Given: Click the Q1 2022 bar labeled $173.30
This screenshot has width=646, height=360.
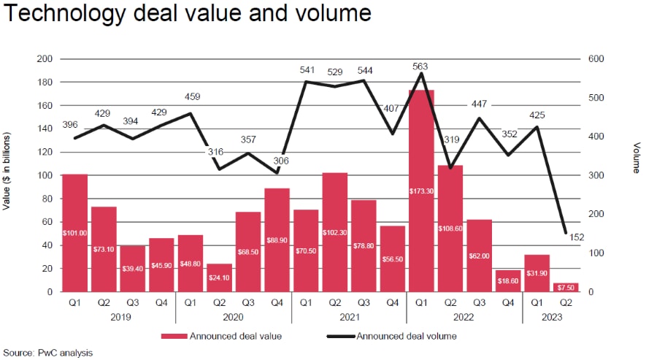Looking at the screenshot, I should pos(421,191).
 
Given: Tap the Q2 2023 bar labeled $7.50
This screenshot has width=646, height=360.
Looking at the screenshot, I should pos(565,287).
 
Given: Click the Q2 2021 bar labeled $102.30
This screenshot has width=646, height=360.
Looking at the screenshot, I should pos(334,231).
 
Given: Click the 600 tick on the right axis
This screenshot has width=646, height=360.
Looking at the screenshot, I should pos(596,58).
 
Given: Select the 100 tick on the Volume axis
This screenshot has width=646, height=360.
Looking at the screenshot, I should pos(596,253).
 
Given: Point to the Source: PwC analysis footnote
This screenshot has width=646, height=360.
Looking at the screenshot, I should pos(47,353).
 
